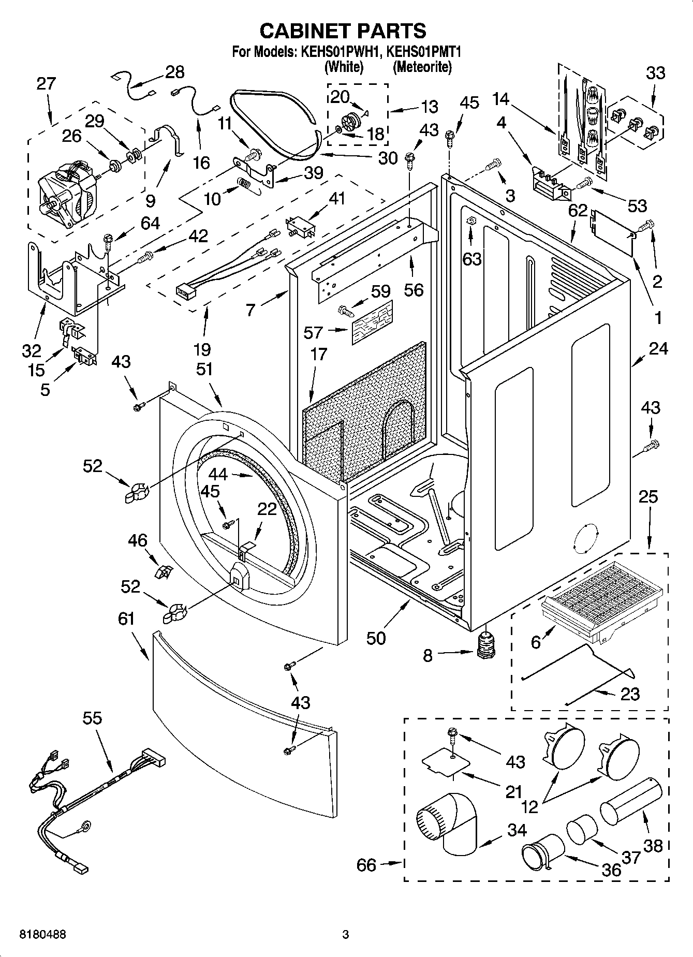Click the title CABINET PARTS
(x=343, y=31)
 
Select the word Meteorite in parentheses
(x=422, y=67)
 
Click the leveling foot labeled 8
(x=485, y=646)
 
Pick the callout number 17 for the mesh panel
(x=319, y=355)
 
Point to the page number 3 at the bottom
(x=346, y=935)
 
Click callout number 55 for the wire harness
(x=92, y=718)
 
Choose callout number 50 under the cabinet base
(x=376, y=638)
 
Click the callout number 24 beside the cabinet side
(x=658, y=349)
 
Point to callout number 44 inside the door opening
(x=218, y=474)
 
